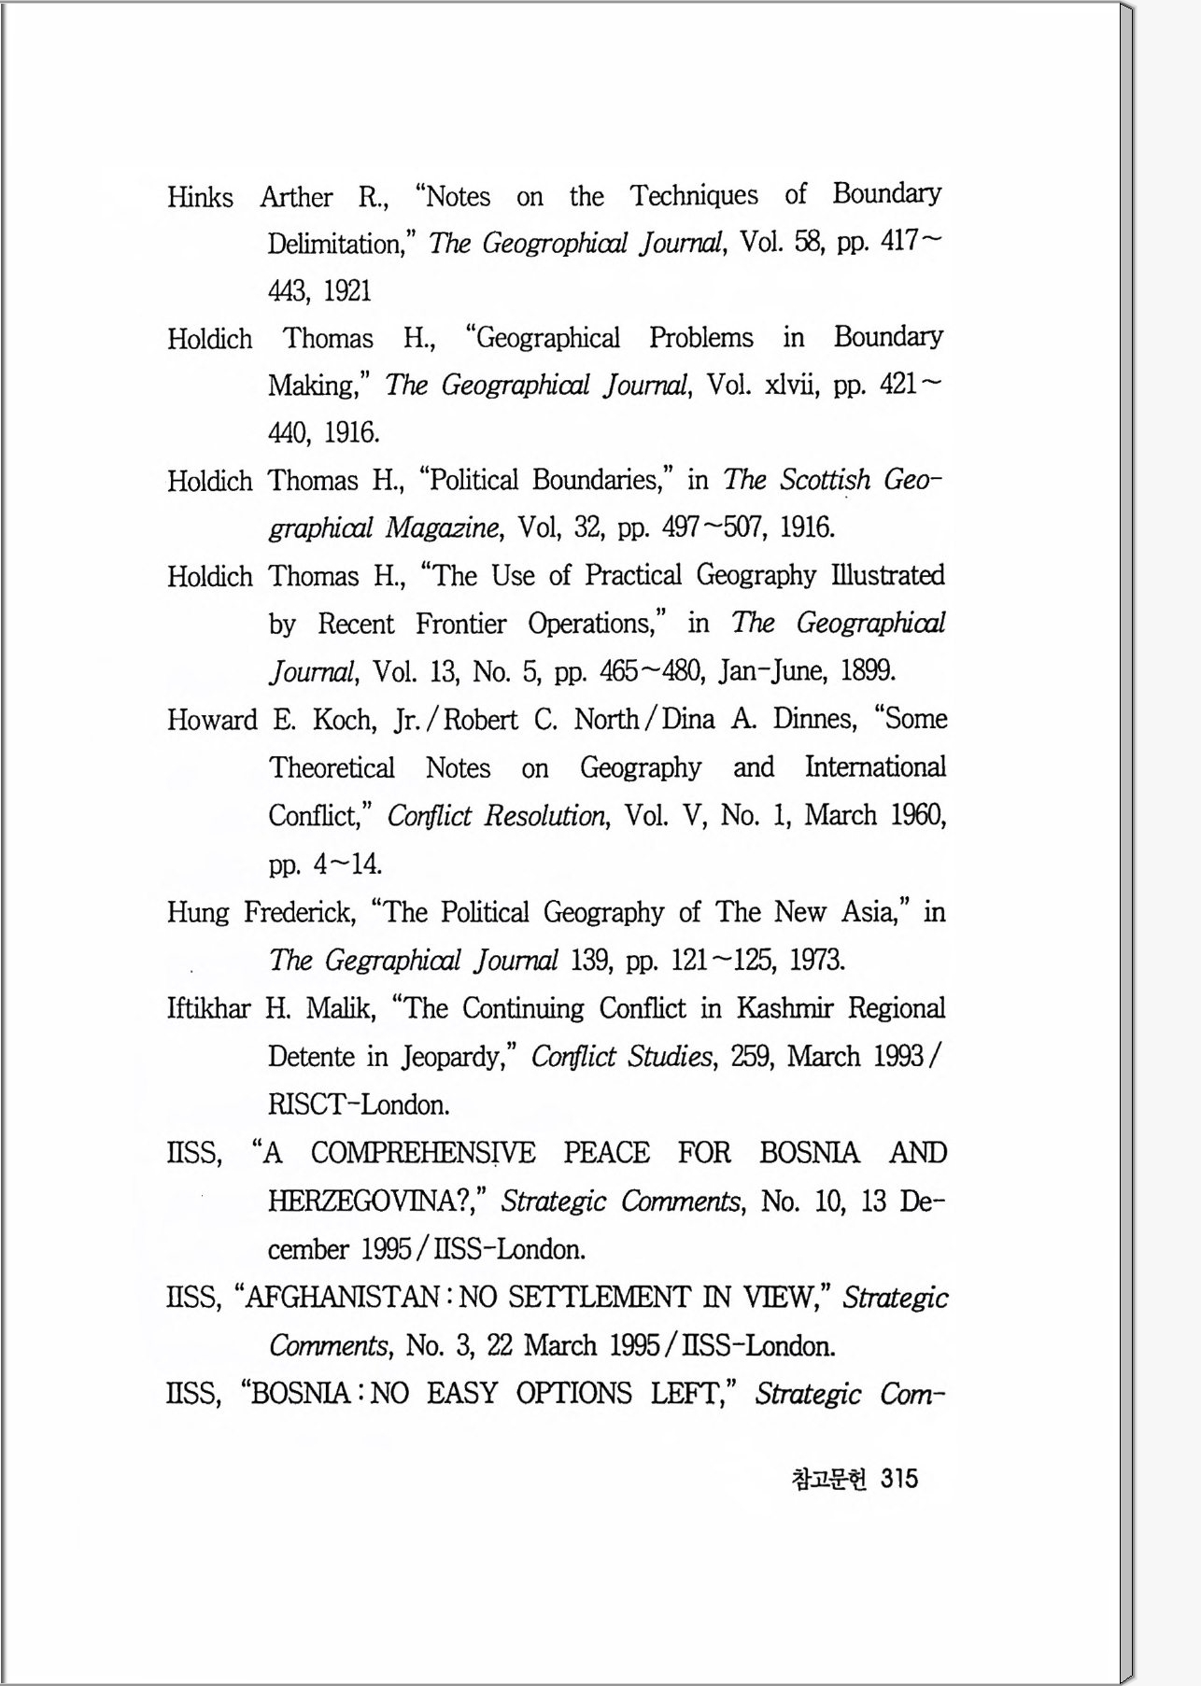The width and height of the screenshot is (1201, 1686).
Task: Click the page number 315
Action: point(898,1479)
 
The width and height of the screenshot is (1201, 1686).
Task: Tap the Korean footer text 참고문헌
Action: point(828,1480)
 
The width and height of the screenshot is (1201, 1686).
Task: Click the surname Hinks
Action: point(200,197)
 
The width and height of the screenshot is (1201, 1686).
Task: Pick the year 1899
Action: point(868,670)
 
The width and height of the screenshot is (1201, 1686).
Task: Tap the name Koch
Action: point(344,720)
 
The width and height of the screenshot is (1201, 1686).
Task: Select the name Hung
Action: point(197,912)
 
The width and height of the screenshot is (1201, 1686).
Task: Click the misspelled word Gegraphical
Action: point(392,960)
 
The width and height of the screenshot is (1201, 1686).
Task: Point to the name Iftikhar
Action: point(208,1008)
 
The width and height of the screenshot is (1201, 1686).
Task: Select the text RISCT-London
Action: point(359,1105)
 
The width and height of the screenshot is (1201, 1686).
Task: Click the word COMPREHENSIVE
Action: point(423,1153)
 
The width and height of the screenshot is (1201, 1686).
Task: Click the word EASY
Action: point(462,1394)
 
